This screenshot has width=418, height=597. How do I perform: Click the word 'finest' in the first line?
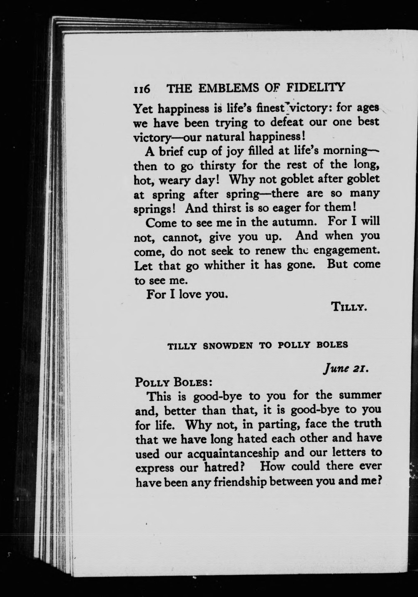(x=272, y=108)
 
